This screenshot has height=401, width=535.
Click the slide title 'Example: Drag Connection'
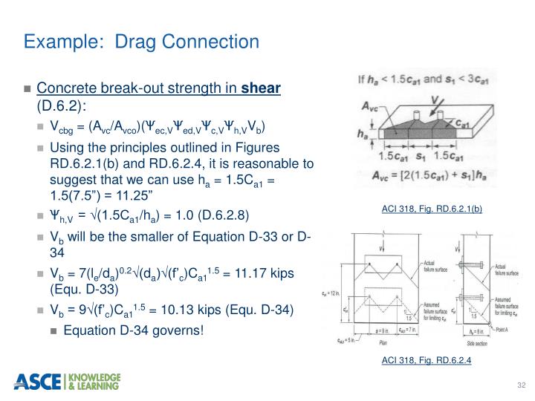[x=141, y=41]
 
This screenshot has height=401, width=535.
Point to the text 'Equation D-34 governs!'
[x=133, y=329]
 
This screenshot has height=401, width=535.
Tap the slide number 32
[x=520, y=385]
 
